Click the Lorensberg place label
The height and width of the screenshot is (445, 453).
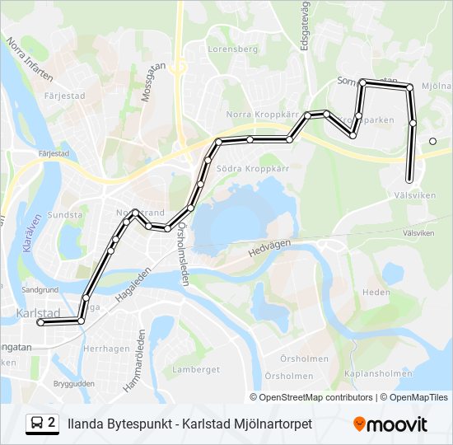click(233, 49)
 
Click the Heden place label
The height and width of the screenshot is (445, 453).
click(376, 293)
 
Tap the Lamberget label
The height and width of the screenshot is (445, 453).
click(196, 370)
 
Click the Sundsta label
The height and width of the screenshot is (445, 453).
click(66, 215)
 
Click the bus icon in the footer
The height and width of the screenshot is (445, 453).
click(37, 424)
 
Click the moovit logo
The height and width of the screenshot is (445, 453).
click(390, 424)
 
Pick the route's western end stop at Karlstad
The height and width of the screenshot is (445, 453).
click(40, 323)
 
